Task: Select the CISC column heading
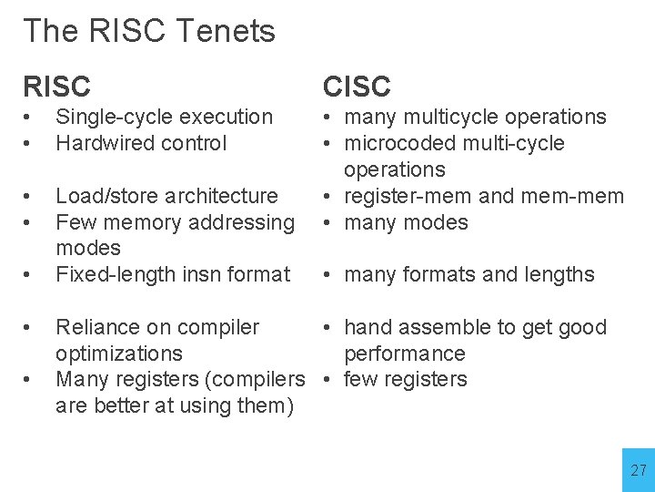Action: point(357,87)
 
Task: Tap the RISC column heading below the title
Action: point(56,87)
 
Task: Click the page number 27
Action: point(639,470)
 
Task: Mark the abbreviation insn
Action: point(195,274)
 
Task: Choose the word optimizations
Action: point(118,354)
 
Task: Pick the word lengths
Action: point(559,274)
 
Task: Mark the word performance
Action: point(404,354)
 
